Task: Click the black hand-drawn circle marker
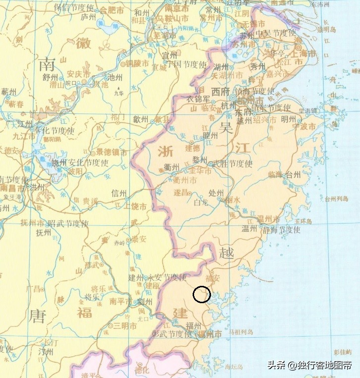tap(202, 294)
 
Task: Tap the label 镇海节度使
tap(255, 91)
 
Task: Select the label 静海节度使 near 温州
tap(282, 229)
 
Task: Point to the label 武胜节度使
tap(232, 163)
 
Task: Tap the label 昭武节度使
tap(68, 224)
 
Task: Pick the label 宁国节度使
tap(186, 64)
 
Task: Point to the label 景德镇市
tap(111, 152)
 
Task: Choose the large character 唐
tap(38, 315)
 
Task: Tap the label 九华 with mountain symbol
tap(118, 92)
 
